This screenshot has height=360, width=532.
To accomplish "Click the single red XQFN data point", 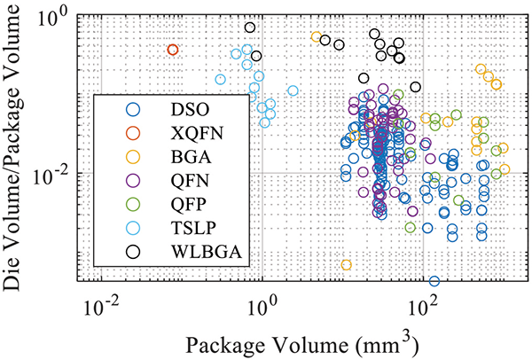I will pyautogui.click(x=173, y=50).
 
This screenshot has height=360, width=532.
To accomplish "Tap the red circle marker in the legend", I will pyautogui.click(x=134, y=133).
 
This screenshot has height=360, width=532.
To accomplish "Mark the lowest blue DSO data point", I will pyautogui.click(x=434, y=281).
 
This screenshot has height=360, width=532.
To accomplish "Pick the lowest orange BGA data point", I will pyautogui.click(x=346, y=264).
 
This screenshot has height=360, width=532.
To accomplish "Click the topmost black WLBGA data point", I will pyautogui.click(x=251, y=27).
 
